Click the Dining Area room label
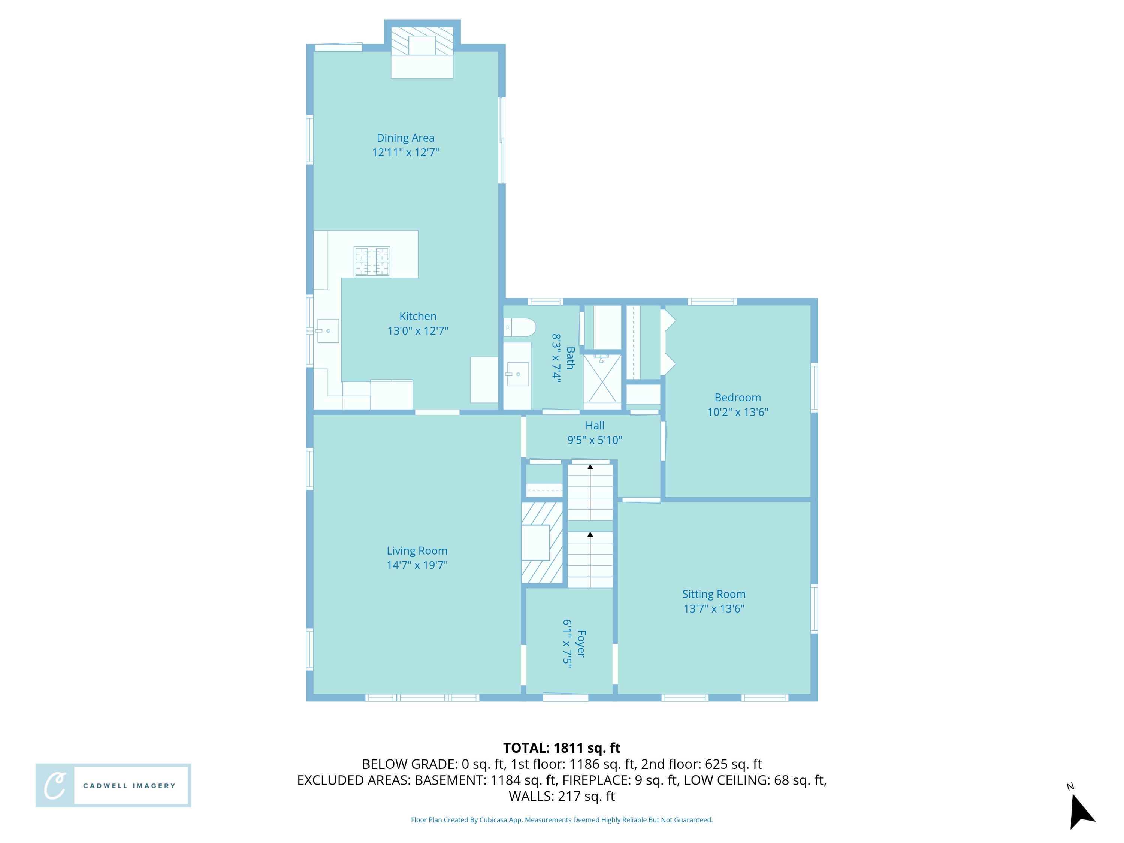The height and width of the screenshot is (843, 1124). coord(405,138)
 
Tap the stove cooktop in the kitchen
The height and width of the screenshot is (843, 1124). coord(372,261)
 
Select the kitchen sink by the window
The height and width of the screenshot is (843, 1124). coord(328,331)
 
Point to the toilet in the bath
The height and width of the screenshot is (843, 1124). coord(519,327)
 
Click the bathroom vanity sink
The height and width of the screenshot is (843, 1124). coord(517,375)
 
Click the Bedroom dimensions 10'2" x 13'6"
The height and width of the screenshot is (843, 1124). coord(737,412)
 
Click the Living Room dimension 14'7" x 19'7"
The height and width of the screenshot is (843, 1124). coord(417,565)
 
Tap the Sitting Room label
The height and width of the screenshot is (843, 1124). coord(713,594)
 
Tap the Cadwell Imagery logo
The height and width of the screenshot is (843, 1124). coord(113,785)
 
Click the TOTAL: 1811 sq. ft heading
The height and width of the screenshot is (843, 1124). coord(562,748)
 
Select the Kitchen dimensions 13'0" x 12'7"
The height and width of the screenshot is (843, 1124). coord(418,331)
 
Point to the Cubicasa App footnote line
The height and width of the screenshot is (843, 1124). coord(562,820)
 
